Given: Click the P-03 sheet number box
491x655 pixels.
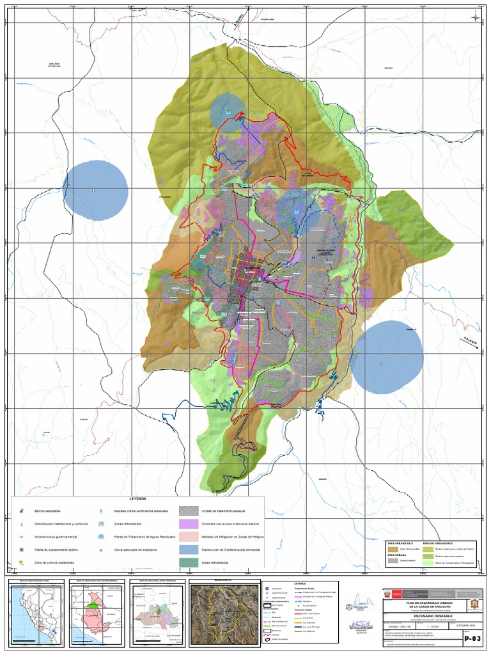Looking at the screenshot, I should pyautogui.click(x=472, y=638).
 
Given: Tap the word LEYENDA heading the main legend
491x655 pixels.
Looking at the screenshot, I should pyautogui.click(x=138, y=498).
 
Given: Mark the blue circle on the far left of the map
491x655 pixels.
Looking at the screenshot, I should pyautogui.click(x=96, y=191).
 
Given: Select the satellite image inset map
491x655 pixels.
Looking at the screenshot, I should pyautogui.click(x=221, y=613).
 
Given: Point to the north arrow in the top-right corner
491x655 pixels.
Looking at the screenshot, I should pyautogui.click(x=476, y=16).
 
